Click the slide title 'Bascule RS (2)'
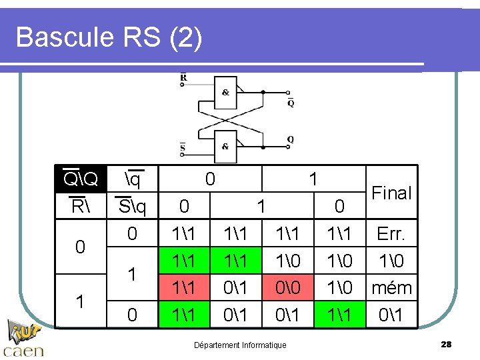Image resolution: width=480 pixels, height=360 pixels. pyautogui.click(x=109, y=37)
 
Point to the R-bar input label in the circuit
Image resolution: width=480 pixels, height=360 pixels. pyautogui.click(x=184, y=77)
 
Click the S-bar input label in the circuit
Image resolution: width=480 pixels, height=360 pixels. pyautogui.click(x=183, y=147)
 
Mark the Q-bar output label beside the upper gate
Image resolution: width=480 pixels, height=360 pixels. pyautogui.click(x=291, y=103)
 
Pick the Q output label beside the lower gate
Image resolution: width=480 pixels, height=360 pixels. pyautogui.click(x=291, y=139)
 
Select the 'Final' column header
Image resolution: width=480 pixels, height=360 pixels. pyautogui.click(x=391, y=193)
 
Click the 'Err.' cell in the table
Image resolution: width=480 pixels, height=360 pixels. pyautogui.click(x=391, y=234)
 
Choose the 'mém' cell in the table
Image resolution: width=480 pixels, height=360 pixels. pyautogui.click(x=391, y=288)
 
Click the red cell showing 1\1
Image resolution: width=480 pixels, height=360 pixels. pyautogui.click(x=185, y=288)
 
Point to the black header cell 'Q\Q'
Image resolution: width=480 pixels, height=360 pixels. pyautogui.click(x=81, y=179)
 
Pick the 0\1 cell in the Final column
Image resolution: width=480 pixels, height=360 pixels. pyautogui.click(x=391, y=314)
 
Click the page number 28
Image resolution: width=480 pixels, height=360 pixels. pyautogui.click(x=446, y=344)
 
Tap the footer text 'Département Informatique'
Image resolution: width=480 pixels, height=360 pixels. pyautogui.click(x=240, y=345)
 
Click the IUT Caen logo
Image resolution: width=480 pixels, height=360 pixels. pyautogui.click(x=25, y=339)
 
